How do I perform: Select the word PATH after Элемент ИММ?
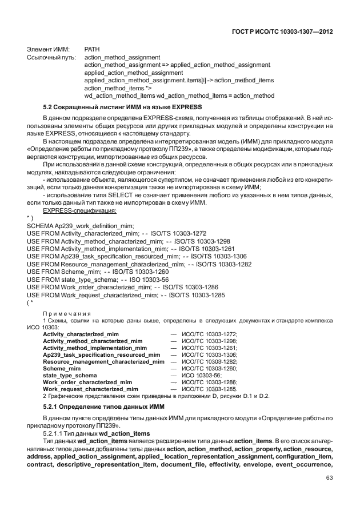pos(92,50)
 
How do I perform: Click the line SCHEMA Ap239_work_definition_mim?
pos(80,226)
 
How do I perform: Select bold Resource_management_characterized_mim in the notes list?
pos(103,362)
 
